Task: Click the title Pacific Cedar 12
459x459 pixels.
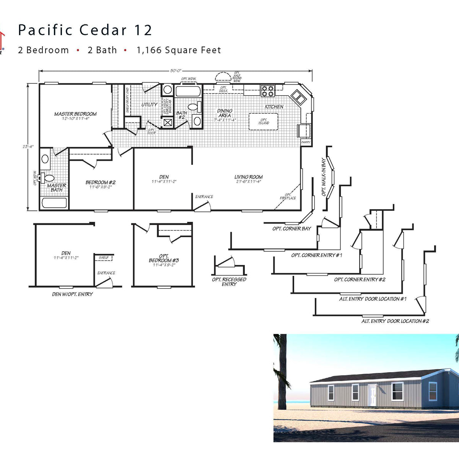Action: pyautogui.click(x=85, y=30)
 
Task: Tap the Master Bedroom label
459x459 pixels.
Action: pyautogui.click(x=75, y=114)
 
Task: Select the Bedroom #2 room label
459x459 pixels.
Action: pyautogui.click(x=100, y=182)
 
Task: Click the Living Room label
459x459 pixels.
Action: pyautogui.click(x=248, y=177)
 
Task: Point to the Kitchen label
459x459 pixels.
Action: pyautogui.click(x=274, y=107)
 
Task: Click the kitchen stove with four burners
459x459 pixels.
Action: pyautogui.click(x=268, y=91)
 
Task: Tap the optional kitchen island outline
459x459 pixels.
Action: pyautogui.click(x=264, y=122)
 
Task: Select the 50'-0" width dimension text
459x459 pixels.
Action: pyautogui.click(x=176, y=71)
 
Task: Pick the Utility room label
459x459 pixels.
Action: pyautogui.click(x=149, y=104)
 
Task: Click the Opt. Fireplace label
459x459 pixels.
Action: pyautogui.click(x=288, y=196)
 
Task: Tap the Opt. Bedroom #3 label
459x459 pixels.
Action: pyautogui.click(x=164, y=258)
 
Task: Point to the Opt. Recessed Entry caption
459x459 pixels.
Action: pyautogui.click(x=229, y=282)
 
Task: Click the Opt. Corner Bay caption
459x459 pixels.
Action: pyautogui.click(x=291, y=229)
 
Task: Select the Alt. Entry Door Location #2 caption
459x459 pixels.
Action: pyautogui.click(x=395, y=321)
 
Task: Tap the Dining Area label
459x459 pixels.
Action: pyautogui.click(x=225, y=113)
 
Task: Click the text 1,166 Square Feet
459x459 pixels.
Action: pyautogui.click(x=179, y=50)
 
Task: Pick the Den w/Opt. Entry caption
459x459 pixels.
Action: pyautogui.click(x=72, y=294)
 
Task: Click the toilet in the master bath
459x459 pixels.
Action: pyautogui.click(x=49, y=178)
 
